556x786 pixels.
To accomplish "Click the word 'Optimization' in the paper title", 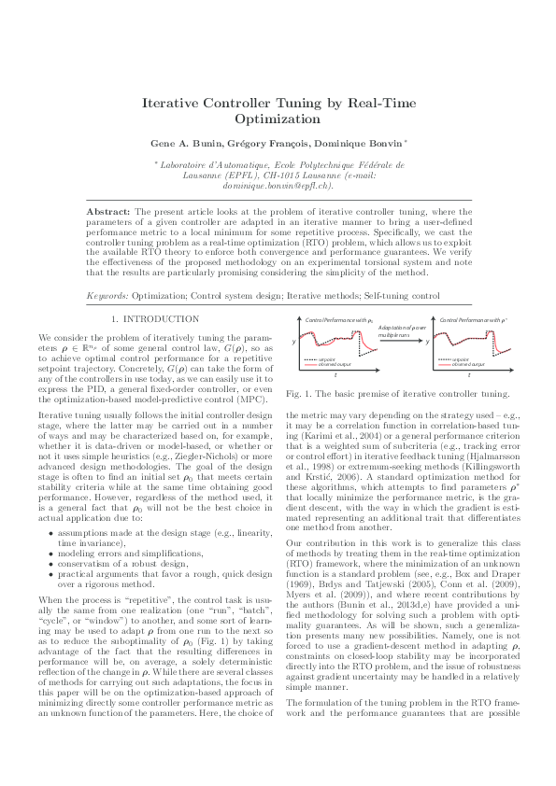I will [278, 120].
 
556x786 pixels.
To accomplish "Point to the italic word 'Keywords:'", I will [107, 295].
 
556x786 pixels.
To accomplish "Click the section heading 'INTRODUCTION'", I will [162, 320].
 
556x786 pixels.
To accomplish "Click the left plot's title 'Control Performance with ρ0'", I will [333, 320].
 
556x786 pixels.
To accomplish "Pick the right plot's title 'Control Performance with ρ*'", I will [473, 320].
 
